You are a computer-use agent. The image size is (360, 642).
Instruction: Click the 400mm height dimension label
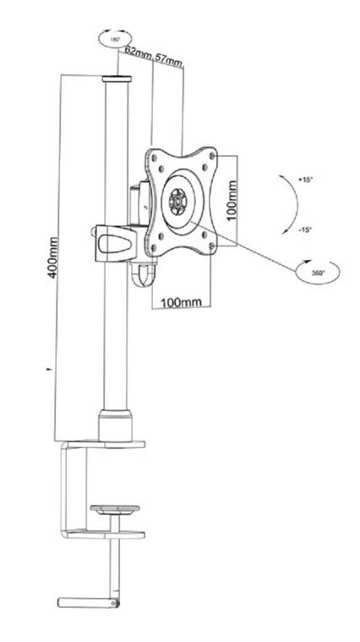[53, 257]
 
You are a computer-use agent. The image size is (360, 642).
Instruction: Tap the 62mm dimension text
[138, 53]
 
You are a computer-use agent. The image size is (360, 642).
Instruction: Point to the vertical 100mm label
[232, 201]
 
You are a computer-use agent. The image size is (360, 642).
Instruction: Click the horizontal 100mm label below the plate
[181, 302]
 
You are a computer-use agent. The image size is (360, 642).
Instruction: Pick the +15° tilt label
[305, 179]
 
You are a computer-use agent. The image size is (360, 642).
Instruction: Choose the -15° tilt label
[305, 229]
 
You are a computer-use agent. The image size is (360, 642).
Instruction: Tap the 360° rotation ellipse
[318, 272]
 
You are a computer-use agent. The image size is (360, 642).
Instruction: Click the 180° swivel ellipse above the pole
[115, 39]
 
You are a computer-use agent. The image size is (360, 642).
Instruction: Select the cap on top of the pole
[117, 79]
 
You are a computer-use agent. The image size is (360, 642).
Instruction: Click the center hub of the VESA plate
[178, 201]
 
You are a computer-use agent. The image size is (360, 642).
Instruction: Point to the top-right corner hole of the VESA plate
[212, 156]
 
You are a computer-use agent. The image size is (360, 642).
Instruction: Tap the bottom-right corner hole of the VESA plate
[211, 246]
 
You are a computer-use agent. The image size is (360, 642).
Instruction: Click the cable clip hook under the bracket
[144, 275]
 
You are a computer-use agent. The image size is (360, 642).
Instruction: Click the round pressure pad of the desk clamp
[115, 509]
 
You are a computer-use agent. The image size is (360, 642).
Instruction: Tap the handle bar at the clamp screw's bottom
[88, 603]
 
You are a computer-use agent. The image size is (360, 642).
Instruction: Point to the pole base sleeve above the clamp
[115, 425]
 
